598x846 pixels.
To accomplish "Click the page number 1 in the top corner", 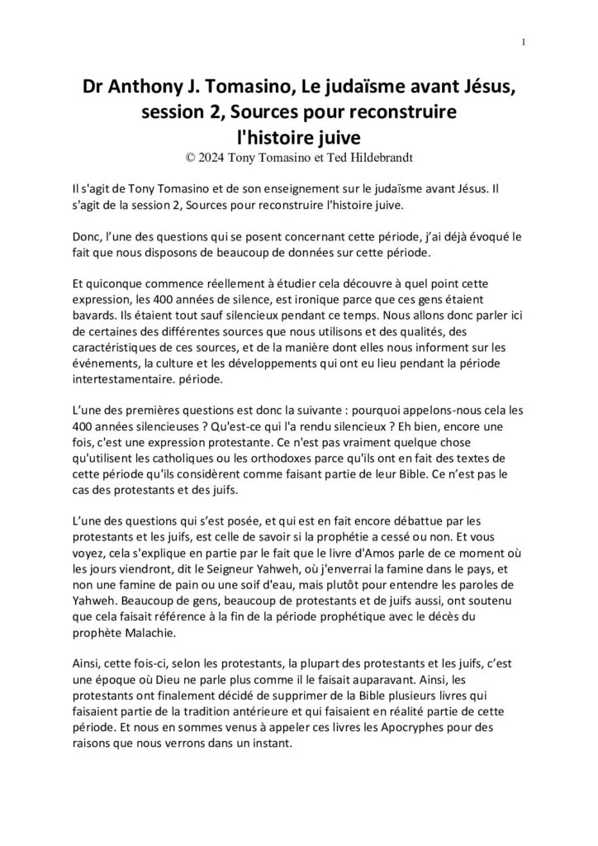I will pos(524,44).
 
